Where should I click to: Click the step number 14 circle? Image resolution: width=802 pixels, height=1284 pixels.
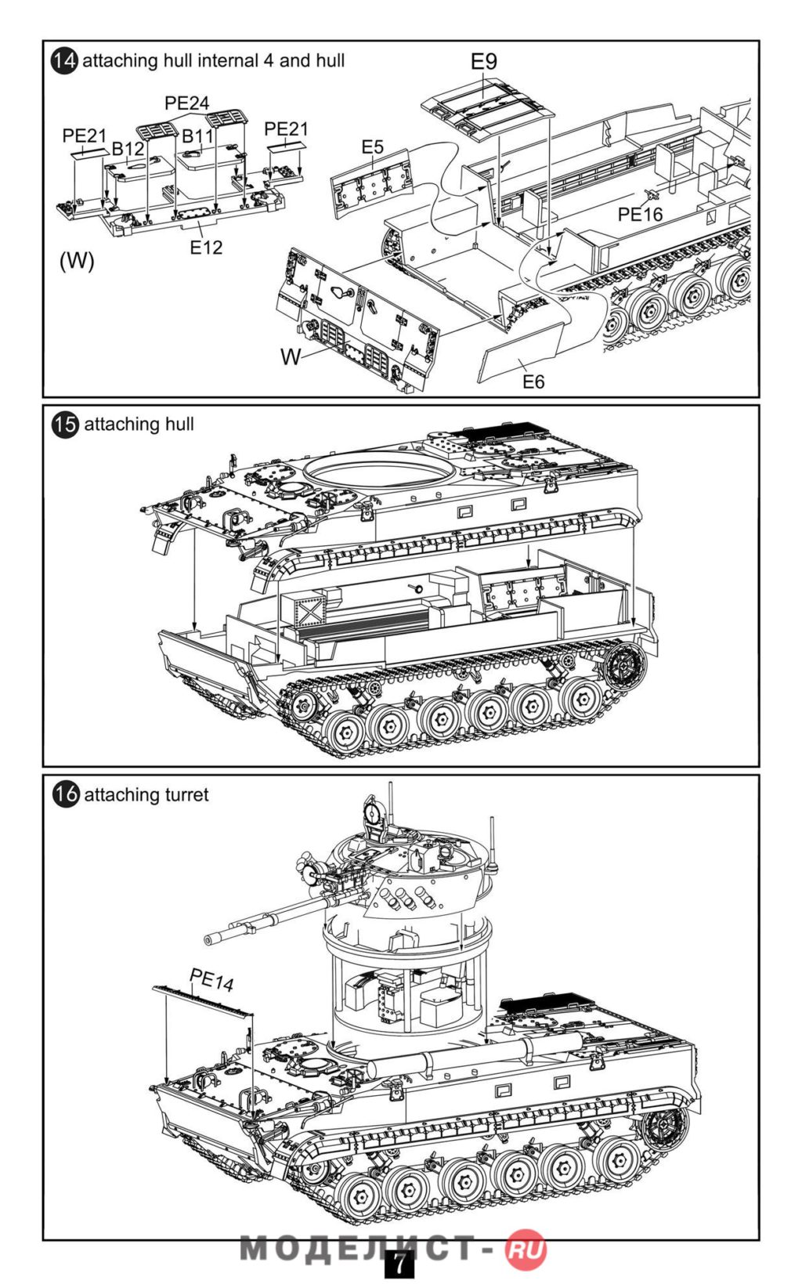[x=65, y=61]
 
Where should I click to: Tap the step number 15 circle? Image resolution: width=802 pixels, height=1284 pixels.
[x=65, y=425]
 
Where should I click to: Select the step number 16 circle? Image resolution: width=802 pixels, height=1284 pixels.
[x=66, y=794]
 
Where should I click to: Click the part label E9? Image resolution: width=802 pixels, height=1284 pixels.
[x=483, y=61]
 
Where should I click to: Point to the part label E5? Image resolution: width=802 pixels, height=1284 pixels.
[x=373, y=147]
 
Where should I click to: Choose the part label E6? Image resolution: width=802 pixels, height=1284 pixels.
[x=533, y=382]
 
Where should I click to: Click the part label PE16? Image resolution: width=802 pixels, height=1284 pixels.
[x=640, y=214]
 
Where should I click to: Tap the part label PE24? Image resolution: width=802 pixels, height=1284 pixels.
[x=187, y=103]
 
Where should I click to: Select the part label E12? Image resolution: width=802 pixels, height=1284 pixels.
[x=206, y=248]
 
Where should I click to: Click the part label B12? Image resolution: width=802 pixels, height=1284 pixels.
[x=128, y=149]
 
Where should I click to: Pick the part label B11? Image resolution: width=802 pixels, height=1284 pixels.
[x=197, y=136]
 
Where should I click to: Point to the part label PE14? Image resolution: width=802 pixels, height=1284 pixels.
[x=211, y=979]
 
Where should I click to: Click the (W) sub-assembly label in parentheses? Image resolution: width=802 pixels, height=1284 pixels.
[x=77, y=261]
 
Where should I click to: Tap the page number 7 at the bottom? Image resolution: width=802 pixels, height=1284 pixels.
[x=399, y=1264]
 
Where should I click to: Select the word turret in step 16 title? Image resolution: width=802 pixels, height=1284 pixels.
[x=185, y=794]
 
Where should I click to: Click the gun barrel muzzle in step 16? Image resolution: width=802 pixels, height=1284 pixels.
[x=209, y=939]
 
